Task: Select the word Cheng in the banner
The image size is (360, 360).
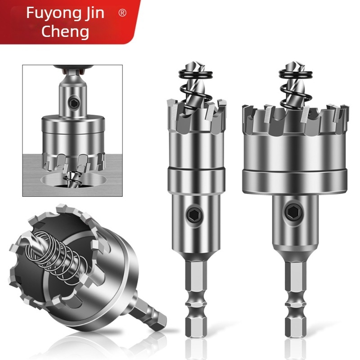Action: [65, 31]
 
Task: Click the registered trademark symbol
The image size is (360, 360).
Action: [122, 13]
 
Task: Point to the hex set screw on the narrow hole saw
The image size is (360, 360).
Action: [194, 215]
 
